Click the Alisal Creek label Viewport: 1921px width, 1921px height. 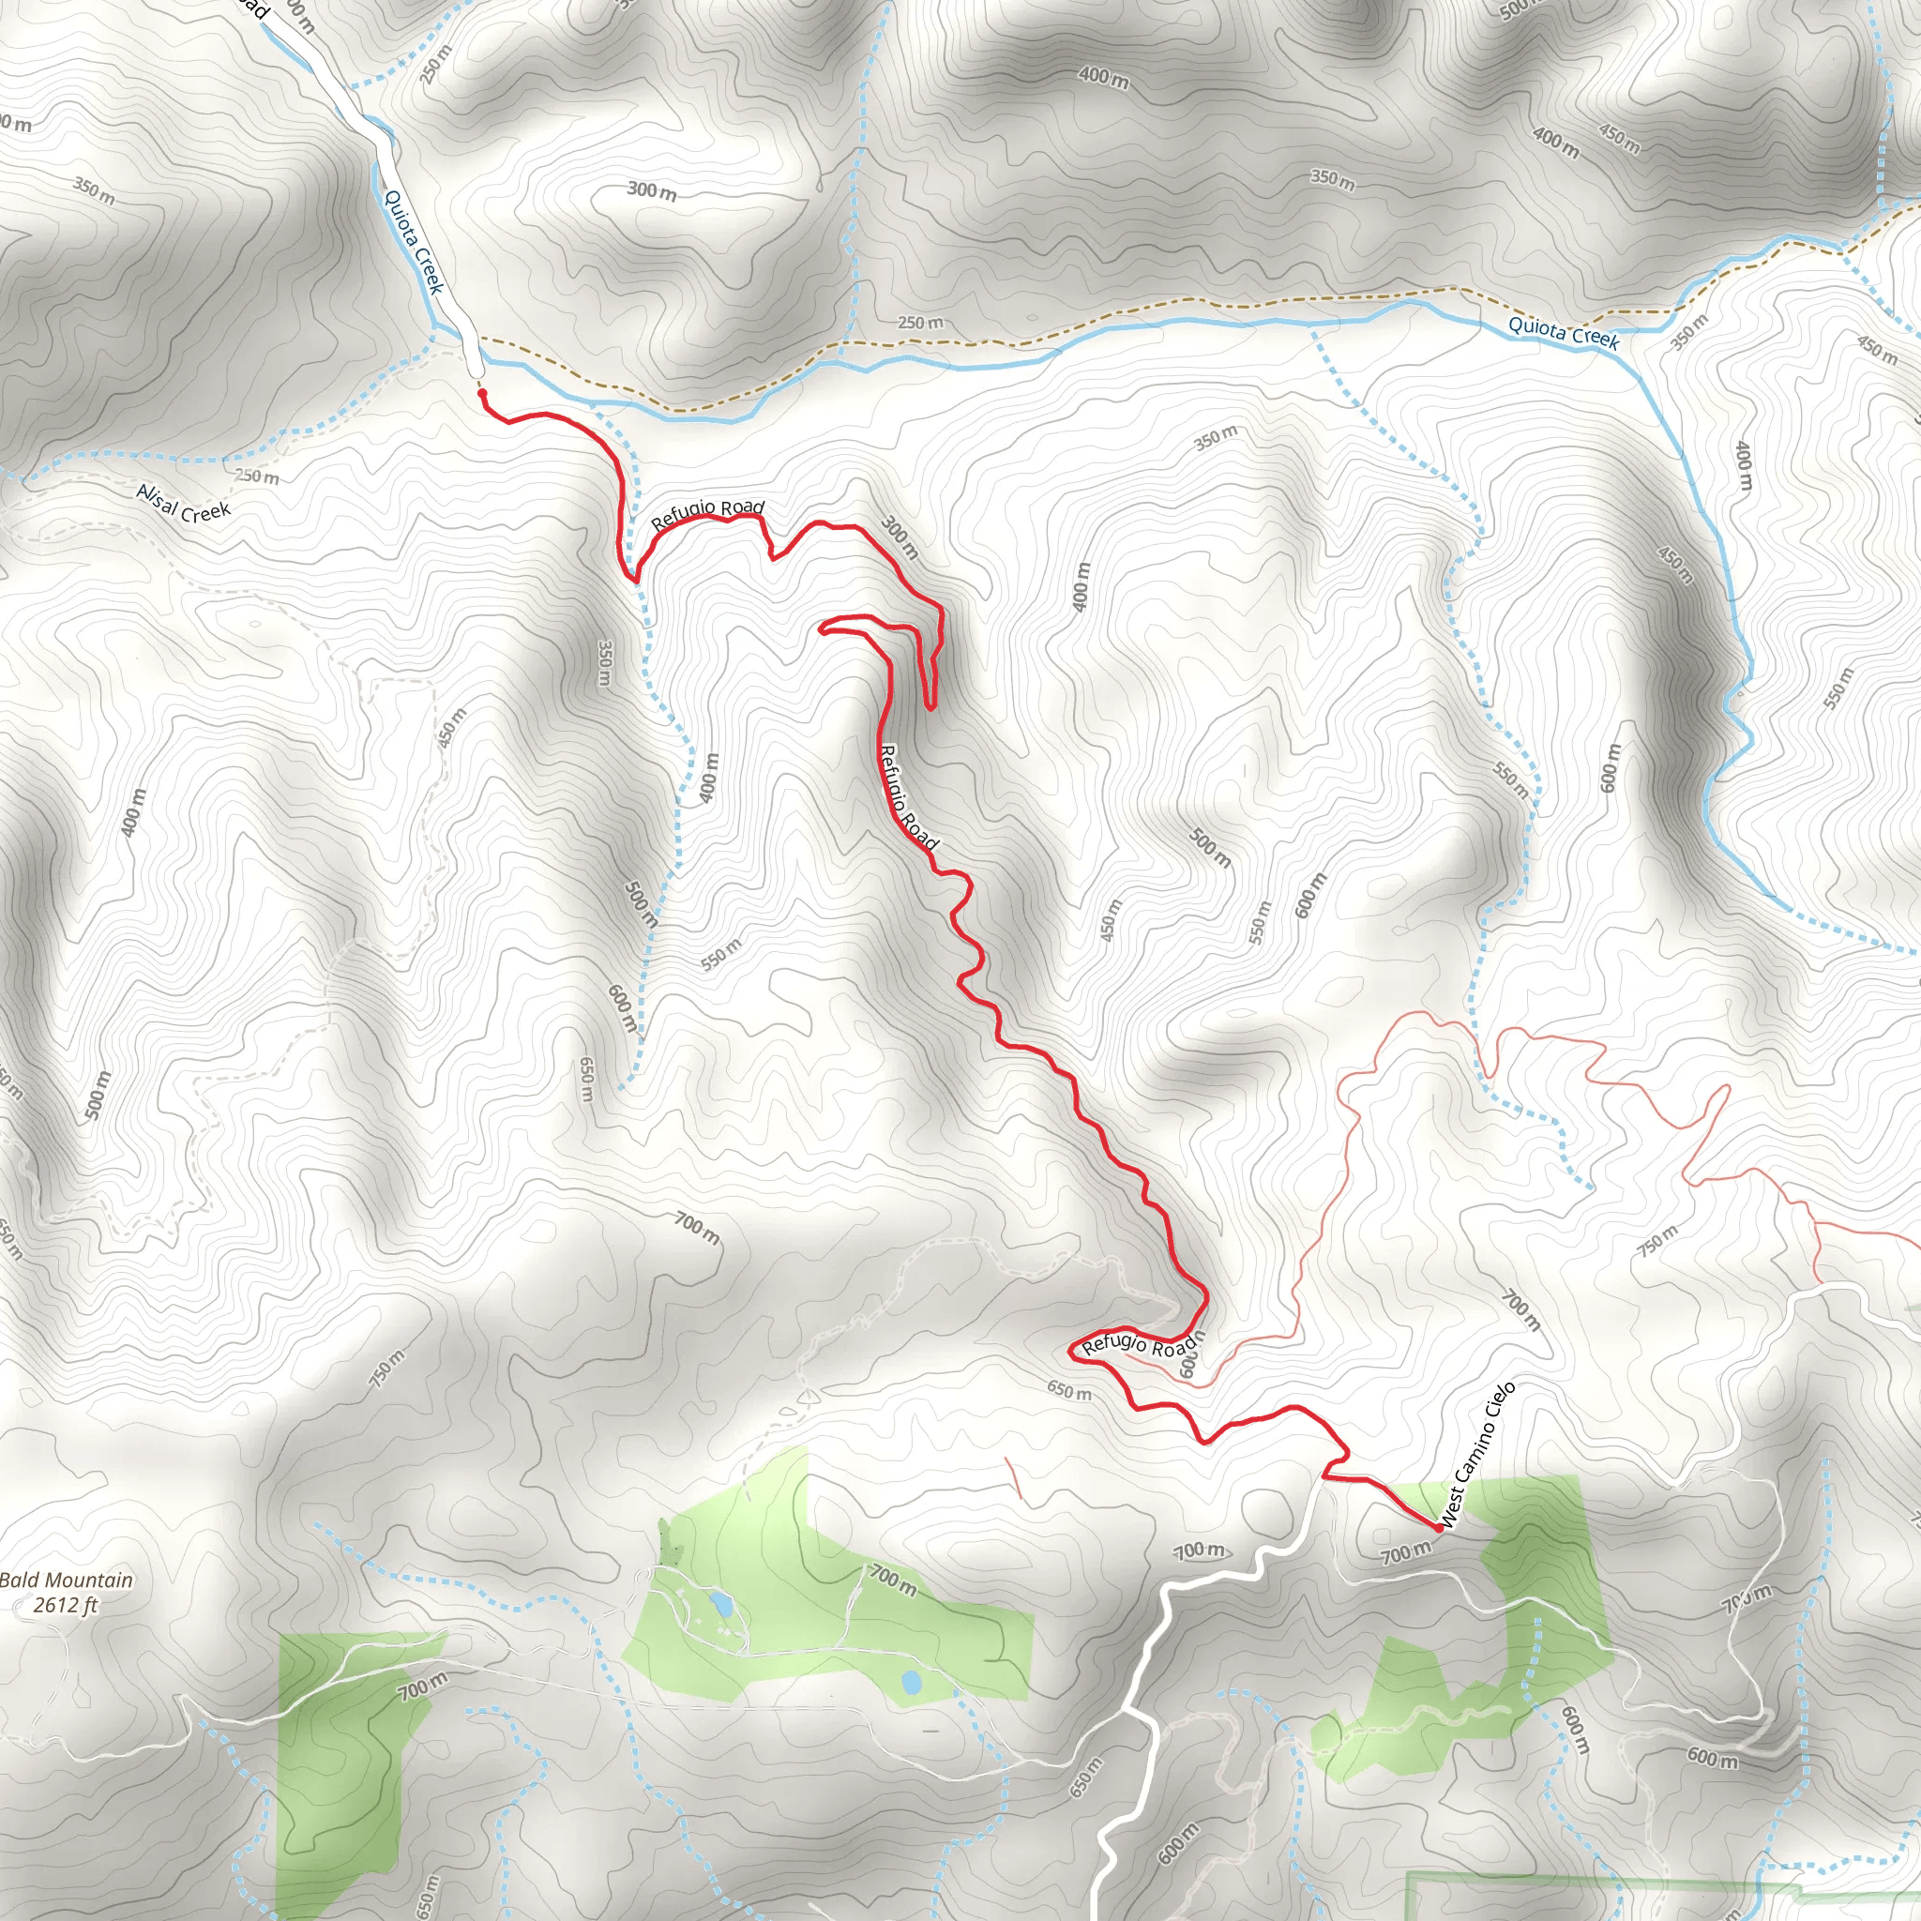(x=183, y=503)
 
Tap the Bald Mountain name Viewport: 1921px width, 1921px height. (x=66, y=1580)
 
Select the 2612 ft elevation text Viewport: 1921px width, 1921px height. (x=66, y=1604)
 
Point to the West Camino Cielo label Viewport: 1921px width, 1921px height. (x=1477, y=1454)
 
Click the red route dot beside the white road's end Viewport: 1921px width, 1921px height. (x=482, y=394)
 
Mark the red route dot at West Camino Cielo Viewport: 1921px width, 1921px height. (x=1438, y=1527)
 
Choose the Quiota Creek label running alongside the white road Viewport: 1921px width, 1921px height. (x=412, y=242)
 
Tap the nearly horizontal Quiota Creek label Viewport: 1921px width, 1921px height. (x=1564, y=332)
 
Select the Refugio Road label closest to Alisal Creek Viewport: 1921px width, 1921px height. (x=707, y=514)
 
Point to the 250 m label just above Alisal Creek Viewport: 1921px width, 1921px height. (x=256, y=476)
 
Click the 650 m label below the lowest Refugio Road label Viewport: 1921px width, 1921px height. (x=1069, y=1390)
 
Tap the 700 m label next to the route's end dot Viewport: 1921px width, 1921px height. (x=1405, y=1552)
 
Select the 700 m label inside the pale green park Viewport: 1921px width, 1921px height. (x=892, y=1579)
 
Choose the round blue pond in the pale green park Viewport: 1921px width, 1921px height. (x=910, y=1683)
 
